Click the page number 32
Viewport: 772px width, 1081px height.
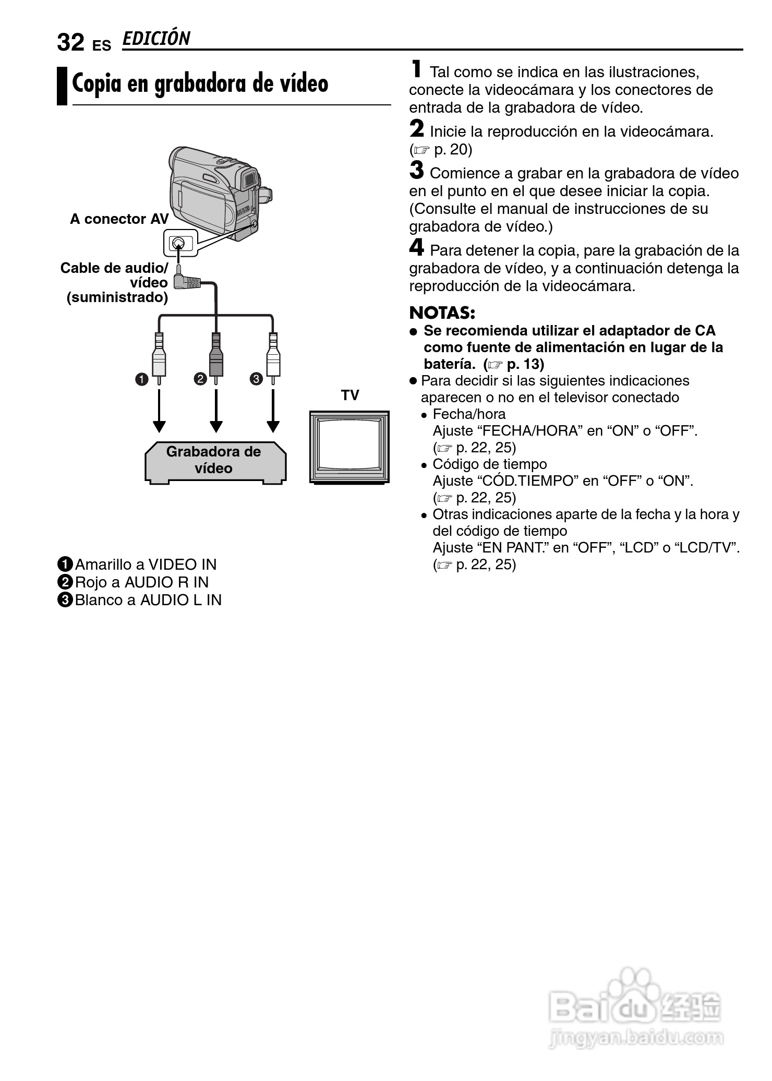[70, 42]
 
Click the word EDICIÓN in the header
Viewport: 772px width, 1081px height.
[156, 39]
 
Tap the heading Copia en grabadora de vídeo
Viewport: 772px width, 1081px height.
[200, 83]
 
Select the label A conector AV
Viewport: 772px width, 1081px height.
[119, 219]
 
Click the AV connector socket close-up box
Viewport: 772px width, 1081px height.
[180, 243]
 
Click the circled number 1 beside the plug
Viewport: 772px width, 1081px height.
[142, 379]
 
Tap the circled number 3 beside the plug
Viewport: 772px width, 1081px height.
[256, 379]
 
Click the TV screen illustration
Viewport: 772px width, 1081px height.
[349, 446]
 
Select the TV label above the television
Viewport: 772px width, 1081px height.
[350, 395]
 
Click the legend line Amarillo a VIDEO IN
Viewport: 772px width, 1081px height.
[138, 564]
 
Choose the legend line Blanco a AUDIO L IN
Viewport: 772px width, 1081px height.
[141, 600]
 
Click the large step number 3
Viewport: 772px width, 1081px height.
[417, 171]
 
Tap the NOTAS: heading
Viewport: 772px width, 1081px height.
[442, 313]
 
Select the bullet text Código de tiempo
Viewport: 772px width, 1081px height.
[489, 464]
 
